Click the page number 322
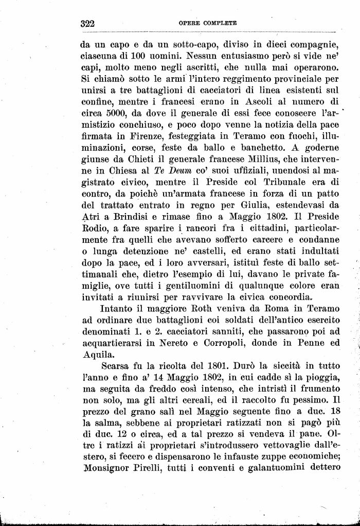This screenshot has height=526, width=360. tap(89, 24)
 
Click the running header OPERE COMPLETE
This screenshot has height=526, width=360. tap(208, 24)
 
